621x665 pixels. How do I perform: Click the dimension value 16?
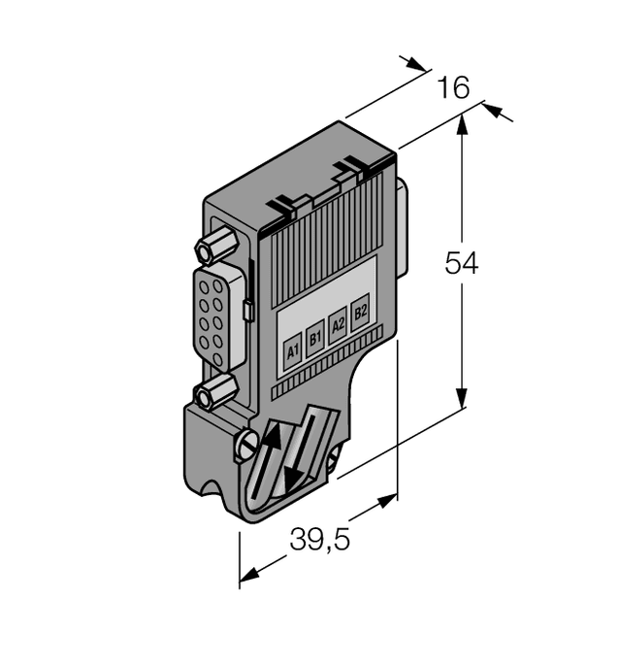coord(452,88)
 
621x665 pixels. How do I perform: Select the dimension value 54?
coord(461,263)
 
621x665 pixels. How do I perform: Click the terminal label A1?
coord(293,350)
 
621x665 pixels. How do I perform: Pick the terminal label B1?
coord(314,339)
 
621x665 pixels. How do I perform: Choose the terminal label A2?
coord(338,325)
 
